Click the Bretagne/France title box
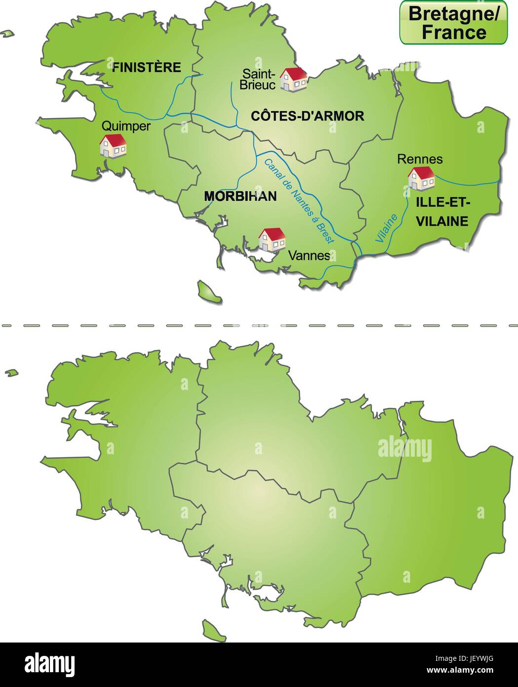453,23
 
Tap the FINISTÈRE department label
147,67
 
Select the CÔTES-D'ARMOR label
308,116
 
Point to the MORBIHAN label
240,196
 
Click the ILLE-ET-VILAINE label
442,211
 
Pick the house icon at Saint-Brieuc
293,79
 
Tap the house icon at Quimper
113,146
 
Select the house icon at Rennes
421,178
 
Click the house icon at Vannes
272,240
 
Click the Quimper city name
126,126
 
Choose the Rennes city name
420,159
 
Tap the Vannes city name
309,256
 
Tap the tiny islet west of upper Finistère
6,34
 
